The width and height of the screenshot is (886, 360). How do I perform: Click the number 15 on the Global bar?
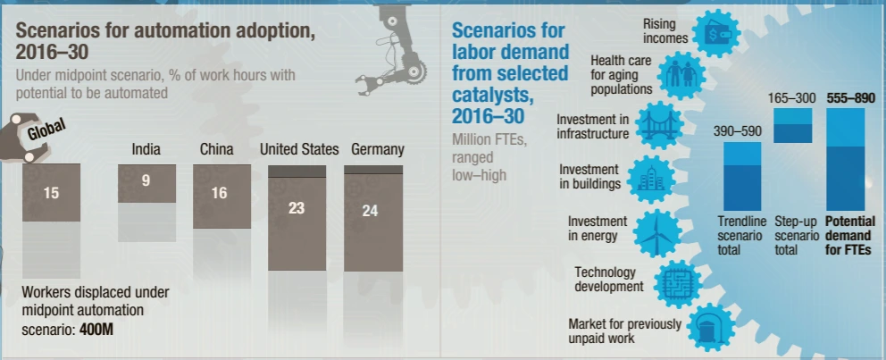[51, 191]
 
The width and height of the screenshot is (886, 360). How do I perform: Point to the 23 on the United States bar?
[297, 208]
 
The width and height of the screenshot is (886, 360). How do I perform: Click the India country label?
[146, 149]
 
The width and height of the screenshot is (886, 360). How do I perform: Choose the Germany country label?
[378, 149]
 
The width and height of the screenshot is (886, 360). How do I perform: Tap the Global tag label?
[47, 130]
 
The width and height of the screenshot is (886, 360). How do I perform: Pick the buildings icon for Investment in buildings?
[646, 178]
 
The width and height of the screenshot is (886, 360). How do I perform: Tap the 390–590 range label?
[737, 131]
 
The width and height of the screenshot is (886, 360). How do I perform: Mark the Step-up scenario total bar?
[792, 126]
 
